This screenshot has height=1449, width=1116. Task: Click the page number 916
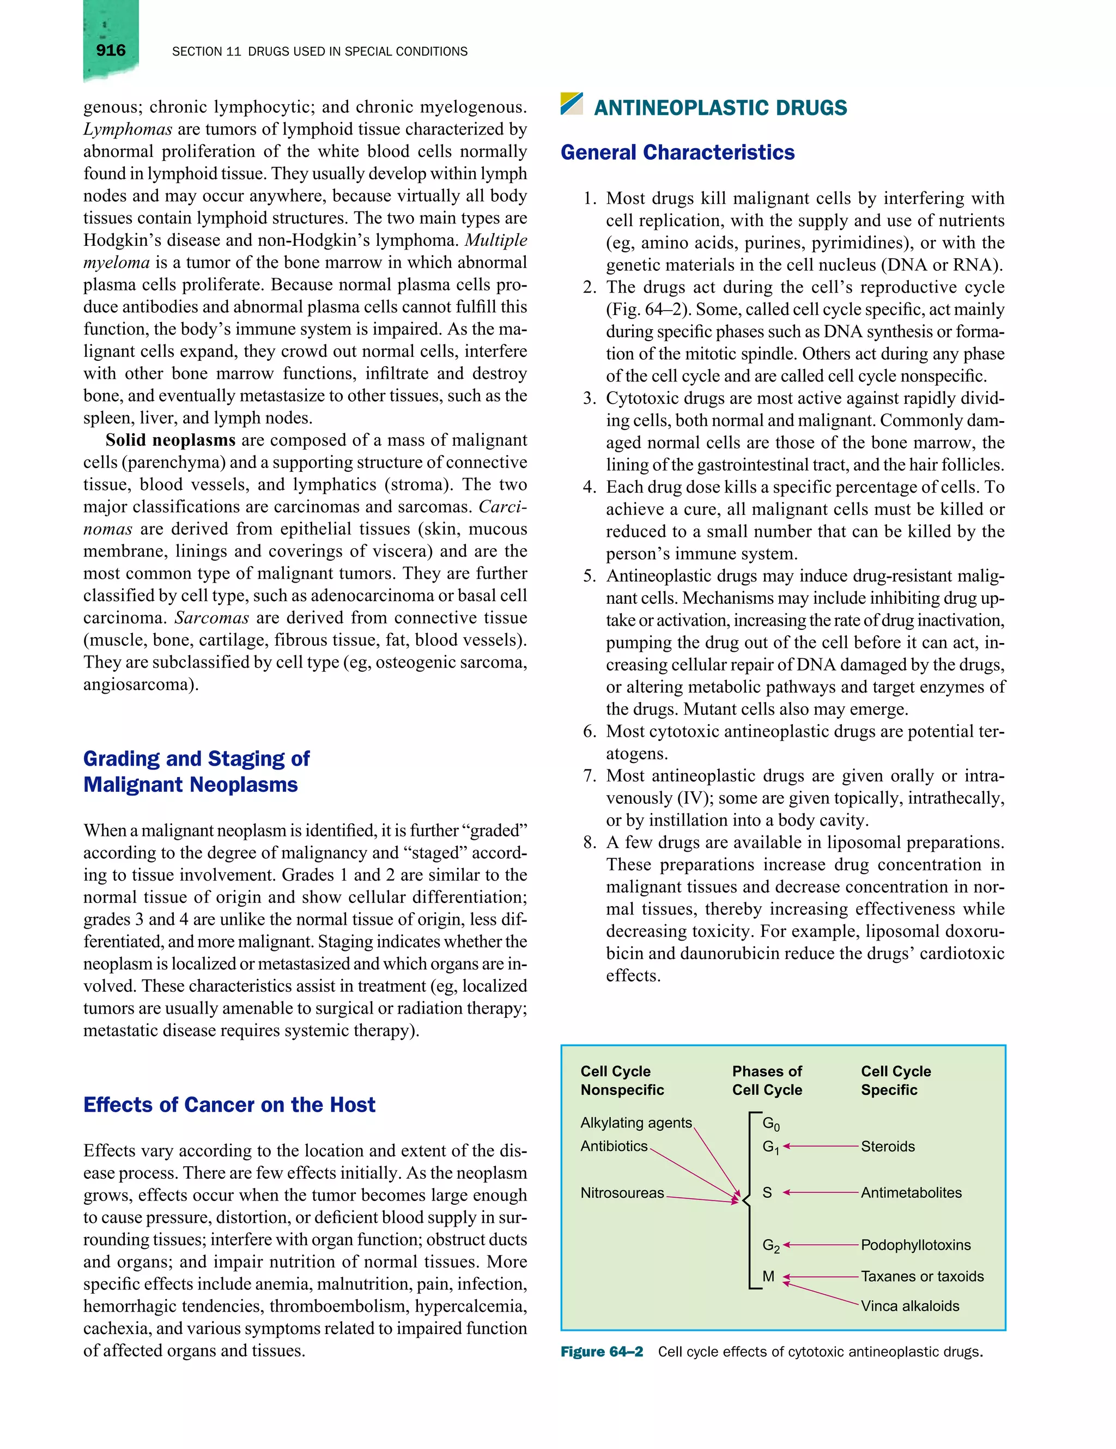click(110, 51)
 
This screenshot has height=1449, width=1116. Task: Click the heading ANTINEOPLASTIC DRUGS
click(720, 107)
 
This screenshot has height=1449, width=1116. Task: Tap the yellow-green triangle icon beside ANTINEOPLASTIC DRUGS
click(571, 104)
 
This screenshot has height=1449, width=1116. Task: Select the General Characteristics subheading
click(677, 153)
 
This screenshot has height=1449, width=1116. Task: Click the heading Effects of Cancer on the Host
click(229, 1105)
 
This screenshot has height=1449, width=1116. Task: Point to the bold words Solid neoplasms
click(170, 440)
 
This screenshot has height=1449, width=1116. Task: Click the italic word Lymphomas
click(128, 129)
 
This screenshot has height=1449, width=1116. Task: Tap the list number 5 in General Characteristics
click(589, 576)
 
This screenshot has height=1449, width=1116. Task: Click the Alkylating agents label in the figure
click(635, 1123)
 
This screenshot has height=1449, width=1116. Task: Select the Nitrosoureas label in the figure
click(622, 1193)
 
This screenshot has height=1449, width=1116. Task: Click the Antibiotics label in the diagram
click(613, 1146)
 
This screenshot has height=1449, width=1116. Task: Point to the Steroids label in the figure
click(887, 1147)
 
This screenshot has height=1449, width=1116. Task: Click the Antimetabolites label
click(911, 1193)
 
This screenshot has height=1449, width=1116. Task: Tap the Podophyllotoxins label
click(915, 1245)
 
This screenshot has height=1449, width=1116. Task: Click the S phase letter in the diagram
click(767, 1193)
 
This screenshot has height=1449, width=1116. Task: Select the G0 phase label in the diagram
click(771, 1123)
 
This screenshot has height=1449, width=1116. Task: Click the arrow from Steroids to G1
click(821, 1146)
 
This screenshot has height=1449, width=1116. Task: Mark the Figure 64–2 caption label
click(601, 1352)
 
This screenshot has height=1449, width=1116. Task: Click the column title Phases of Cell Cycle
click(767, 1080)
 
